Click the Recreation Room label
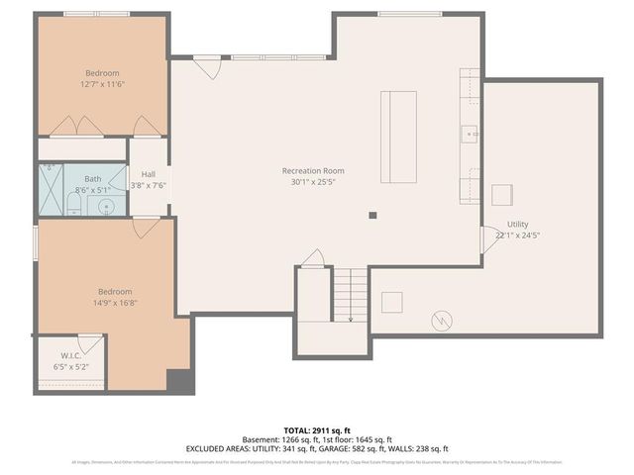click(312, 170)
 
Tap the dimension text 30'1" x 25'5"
click(312, 182)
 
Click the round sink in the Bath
click(107, 206)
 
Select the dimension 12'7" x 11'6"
click(101, 84)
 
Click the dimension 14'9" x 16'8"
click(115, 303)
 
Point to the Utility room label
click(518, 225)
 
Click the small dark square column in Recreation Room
click(373, 215)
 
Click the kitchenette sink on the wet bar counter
click(469, 131)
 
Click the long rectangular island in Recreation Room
click(399, 137)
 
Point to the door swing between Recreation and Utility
click(488, 238)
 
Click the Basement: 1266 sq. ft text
click(277, 439)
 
